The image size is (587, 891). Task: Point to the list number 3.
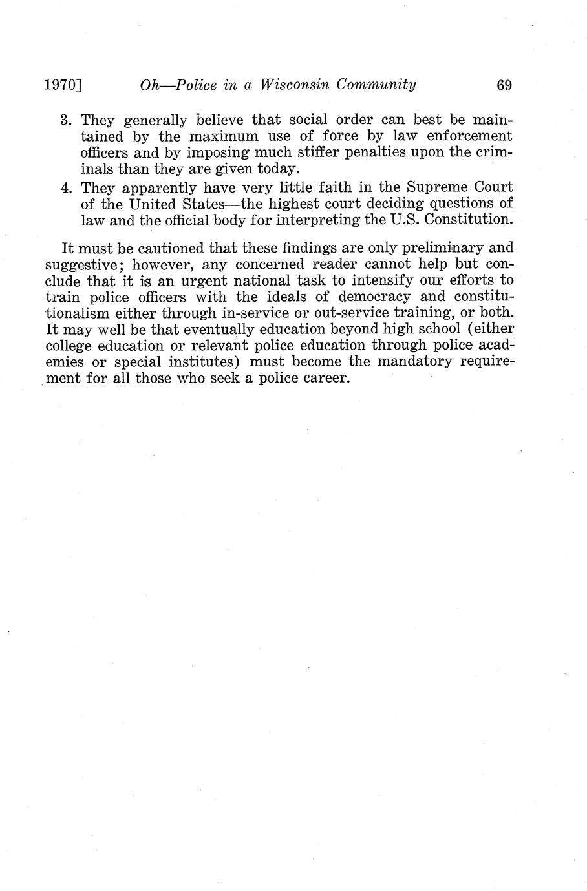[x=65, y=120]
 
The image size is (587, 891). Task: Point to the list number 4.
[x=65, y=187]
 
